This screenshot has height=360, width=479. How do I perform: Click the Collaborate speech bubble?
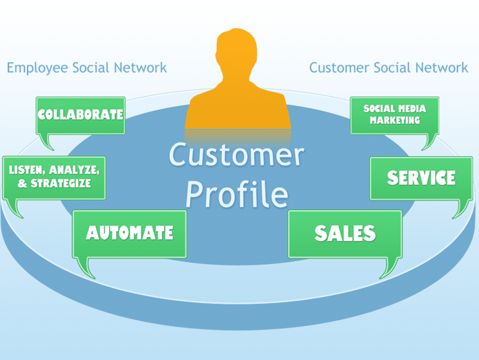coord(81,116)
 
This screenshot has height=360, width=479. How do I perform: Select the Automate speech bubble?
coord(129,234)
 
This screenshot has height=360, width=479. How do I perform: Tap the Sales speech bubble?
coord(345,234)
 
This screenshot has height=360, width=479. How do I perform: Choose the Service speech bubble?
coord(422,178)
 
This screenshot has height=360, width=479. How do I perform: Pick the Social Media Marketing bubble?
coord(395,116)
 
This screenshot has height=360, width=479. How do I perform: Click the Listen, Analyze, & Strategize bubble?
coord(54,177)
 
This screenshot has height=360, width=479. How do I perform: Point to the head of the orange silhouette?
coord(237,52)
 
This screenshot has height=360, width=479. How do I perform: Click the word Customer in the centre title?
coord(237,155)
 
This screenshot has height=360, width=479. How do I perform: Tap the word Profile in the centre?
coord(237,193)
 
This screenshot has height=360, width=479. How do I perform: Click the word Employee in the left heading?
coord(37,68)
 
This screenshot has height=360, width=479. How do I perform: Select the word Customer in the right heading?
coord(339,68)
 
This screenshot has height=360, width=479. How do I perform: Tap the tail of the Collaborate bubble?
coord(47,142)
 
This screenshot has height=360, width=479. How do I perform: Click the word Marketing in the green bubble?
coord(395,120)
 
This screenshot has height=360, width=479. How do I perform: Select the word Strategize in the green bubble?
coord(60,183)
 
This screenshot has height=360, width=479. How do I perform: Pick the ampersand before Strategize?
coord(22,183)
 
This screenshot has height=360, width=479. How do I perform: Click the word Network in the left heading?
coord(140,68)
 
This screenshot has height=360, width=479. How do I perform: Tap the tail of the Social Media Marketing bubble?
coord(429,142)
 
